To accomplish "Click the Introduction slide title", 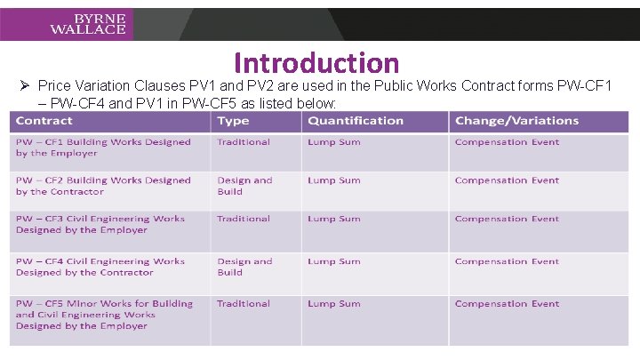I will coord(316,63).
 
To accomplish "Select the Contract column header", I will coord(44,121).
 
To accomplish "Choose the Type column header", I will coord(234,121).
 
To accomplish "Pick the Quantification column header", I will coord(356,121).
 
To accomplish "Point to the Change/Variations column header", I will coord(516,121).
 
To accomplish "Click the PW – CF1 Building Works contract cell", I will coord(103,148).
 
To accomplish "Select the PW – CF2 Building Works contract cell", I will coord(103,186).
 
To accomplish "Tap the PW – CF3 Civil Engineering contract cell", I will coord(100,224).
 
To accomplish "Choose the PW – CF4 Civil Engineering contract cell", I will coord(100,267).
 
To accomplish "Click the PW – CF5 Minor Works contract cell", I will coord(104,315).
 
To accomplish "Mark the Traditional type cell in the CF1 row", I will coord(244,142).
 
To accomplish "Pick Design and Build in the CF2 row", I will coord(244,186).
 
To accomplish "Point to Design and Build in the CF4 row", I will coord(244,267).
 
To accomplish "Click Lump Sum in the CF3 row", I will coord(334,219).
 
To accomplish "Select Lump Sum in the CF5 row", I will coord(334,304).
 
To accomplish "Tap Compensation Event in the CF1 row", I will coord(507,142).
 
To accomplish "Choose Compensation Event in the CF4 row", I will coord(507,261).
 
